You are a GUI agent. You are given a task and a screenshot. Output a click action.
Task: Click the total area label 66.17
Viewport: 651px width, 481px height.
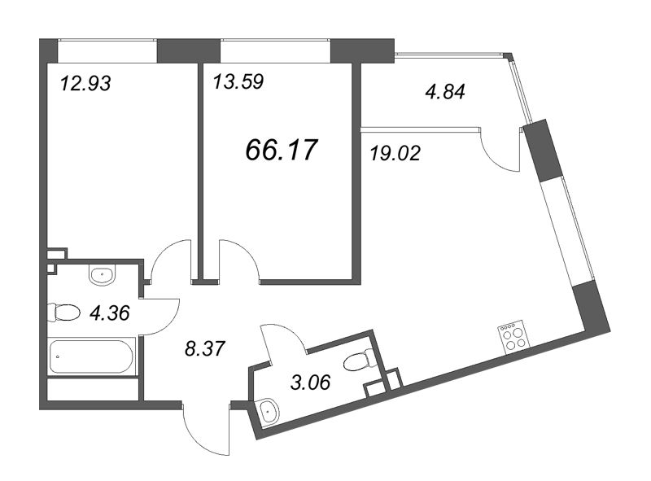282,150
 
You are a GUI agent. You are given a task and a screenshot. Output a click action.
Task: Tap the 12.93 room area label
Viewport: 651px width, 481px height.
85,84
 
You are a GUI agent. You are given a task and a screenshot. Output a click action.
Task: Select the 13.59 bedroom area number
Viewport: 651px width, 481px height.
238,82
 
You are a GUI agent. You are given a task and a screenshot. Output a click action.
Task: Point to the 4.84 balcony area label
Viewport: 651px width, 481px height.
445,92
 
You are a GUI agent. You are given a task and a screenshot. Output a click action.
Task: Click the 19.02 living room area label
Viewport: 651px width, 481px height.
395,153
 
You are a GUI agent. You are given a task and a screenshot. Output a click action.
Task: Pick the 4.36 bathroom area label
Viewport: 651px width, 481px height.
110,313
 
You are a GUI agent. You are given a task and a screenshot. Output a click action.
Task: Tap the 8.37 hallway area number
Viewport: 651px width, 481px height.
205,348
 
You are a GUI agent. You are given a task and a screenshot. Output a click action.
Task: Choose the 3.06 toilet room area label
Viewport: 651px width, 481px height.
311,383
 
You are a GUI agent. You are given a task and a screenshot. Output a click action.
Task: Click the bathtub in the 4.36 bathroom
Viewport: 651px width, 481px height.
92,356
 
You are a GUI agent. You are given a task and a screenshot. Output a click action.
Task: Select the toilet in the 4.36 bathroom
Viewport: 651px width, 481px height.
63,313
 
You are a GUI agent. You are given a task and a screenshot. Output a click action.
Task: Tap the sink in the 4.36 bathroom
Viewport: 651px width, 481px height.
101,275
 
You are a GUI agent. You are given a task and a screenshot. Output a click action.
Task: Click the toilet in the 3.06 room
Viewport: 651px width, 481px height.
360,361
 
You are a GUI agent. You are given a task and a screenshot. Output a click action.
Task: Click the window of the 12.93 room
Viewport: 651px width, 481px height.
107,50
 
